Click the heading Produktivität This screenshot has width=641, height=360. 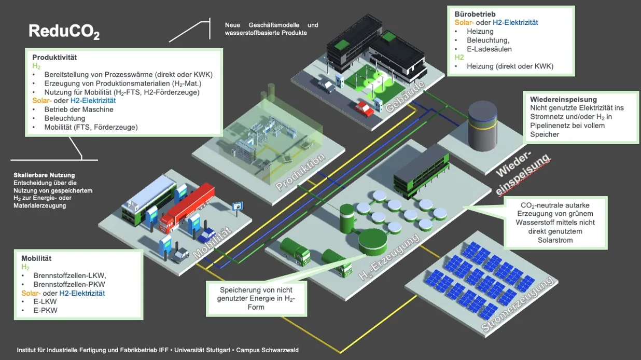54,57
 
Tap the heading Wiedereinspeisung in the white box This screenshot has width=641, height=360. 563,99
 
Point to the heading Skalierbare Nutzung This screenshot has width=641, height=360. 44,175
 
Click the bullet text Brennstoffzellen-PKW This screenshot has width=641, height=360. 69,284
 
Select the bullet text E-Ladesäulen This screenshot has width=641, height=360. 489,49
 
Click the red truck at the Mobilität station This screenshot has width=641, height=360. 187,205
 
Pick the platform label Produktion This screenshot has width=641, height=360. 301,171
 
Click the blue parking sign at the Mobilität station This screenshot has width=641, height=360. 238,205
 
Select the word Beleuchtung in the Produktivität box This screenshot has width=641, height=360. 65,118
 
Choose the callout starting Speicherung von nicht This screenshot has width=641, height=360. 256,298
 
